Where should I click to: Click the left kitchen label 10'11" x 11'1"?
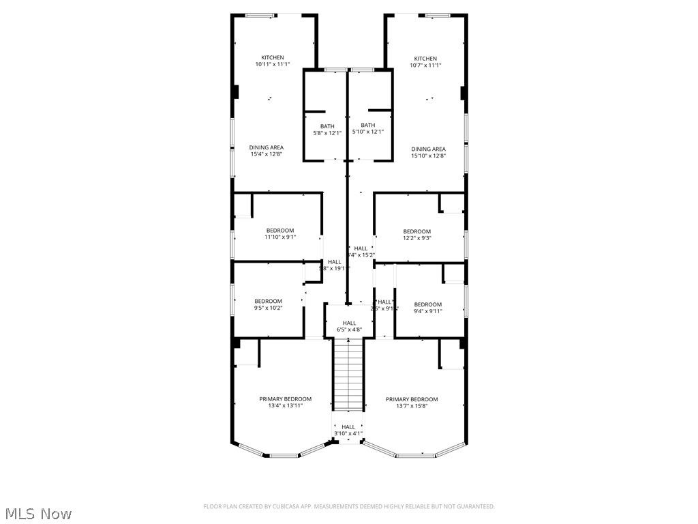point(273,61)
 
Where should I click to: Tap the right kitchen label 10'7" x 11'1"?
point(425,62)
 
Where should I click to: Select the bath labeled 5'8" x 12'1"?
point(327,129)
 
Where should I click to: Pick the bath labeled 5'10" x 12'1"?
point(368,128)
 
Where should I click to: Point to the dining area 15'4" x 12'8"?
point(266,151)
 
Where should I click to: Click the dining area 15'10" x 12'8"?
point(428,152)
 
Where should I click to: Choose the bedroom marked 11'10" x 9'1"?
point(280,234)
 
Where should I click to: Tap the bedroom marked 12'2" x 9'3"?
point(416,235)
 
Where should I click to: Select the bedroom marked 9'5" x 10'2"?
point(268,304)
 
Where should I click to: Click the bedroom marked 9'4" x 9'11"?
point(427,308)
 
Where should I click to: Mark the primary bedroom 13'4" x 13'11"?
point(285,402)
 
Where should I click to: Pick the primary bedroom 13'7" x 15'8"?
point(412,402)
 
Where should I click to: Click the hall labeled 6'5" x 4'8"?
point(349,326)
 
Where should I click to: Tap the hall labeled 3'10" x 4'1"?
point(348,430)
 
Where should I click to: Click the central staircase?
point(348,375)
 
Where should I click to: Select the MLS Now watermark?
point(37,513)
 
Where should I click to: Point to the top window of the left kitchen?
point(261,15)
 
